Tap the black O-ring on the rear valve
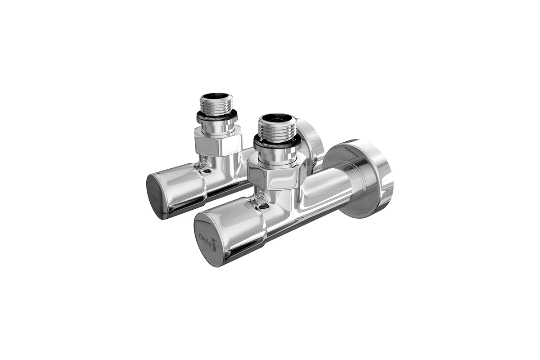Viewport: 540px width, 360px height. click(x=216, y=117)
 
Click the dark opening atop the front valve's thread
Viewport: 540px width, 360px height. click(x=276, y=119)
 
